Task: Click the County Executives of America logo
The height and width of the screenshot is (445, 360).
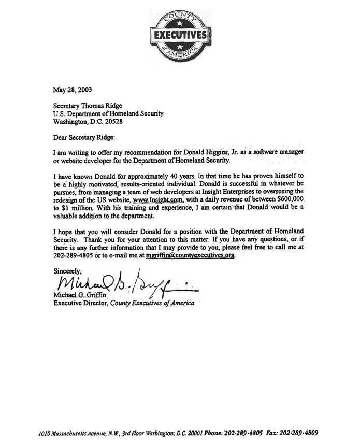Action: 178,36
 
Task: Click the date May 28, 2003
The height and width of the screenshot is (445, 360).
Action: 73,89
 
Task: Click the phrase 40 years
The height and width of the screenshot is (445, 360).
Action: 172,176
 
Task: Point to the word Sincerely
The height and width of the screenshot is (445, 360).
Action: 69,270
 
